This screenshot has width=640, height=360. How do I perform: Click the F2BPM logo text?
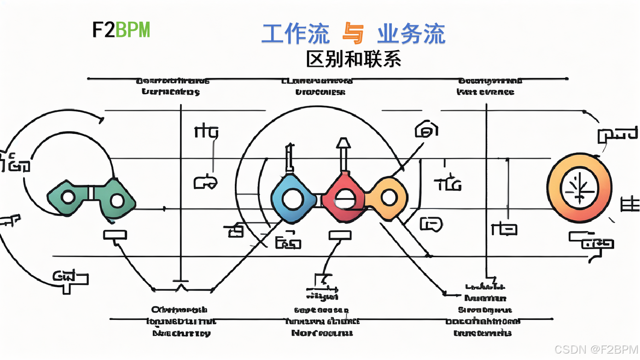(121, 30)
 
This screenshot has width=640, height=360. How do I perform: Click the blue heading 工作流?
(296, 34)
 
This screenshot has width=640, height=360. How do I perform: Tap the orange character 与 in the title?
(353, 34)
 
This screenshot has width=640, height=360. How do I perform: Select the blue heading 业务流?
(411, 34)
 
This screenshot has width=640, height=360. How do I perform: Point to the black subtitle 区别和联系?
(354, 59)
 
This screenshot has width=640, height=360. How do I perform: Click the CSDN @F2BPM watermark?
(596, 349)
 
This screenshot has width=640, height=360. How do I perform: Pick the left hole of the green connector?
(68, 198)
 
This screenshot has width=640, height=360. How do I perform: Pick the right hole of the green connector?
(117, 201)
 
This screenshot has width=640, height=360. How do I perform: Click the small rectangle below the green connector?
(115, 235)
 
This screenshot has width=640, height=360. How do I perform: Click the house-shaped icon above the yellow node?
(426, 130)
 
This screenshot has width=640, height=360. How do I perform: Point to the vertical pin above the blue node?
(289, 159)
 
